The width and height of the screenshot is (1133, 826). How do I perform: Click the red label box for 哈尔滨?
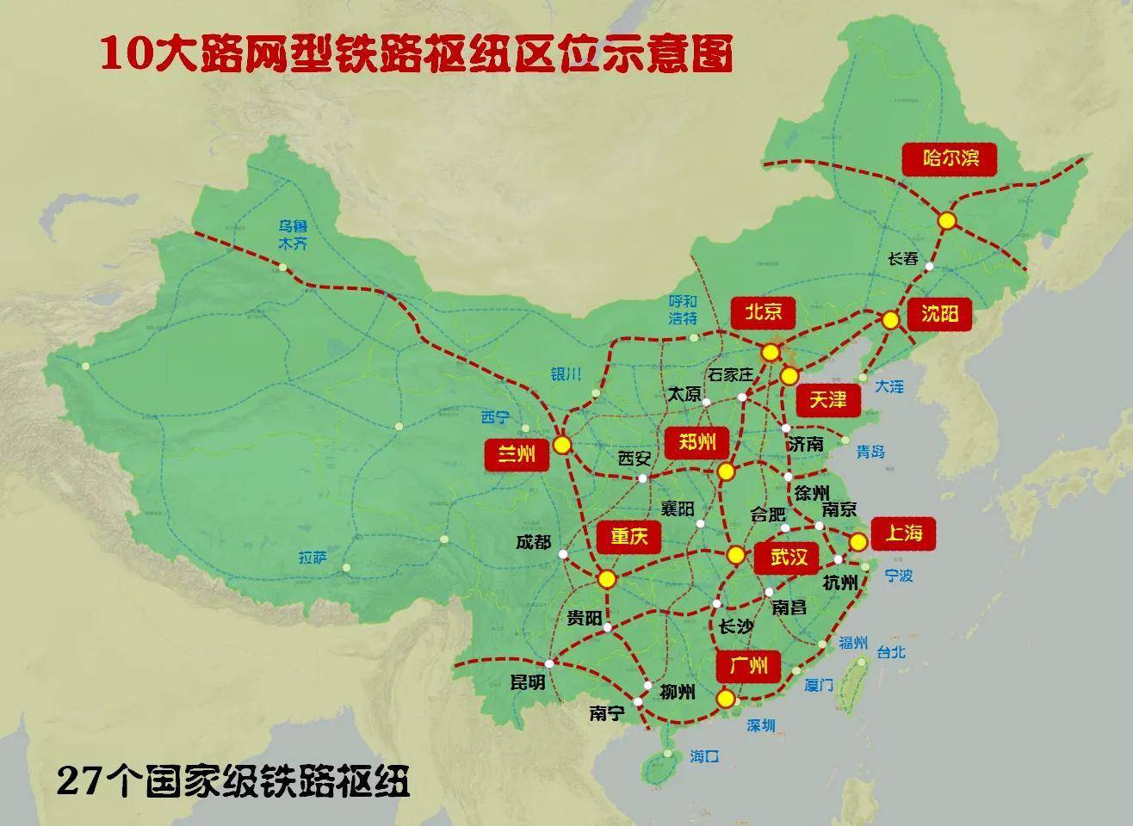pos(952,159)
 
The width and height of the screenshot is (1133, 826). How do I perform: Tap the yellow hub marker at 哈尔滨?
pos(947,220)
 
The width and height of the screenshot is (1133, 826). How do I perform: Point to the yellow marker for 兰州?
pos(562,445)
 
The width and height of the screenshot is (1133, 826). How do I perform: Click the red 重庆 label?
pos(629,538)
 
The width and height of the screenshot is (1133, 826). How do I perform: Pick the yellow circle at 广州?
pos(726,698)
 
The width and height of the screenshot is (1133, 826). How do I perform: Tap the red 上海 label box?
pos(902,533)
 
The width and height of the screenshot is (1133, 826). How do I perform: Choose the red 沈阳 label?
pos(939,314)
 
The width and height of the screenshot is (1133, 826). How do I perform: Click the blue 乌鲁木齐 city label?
pos(292,235)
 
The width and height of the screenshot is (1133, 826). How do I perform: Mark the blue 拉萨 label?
pos(313,557)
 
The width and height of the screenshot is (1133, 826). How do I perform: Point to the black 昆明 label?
pos(528,683)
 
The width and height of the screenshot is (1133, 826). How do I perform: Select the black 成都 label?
pos(533,542)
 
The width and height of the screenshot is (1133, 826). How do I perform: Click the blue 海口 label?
pos(703,756)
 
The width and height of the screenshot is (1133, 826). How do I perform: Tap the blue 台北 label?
pos(890,652)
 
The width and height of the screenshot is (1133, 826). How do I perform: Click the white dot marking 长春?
pos(930,267)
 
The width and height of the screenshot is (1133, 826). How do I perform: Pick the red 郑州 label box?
pos(697,443)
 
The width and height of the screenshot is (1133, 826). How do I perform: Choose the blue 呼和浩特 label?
pos(683,311)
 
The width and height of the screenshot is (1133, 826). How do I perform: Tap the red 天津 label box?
pos(828,399)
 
